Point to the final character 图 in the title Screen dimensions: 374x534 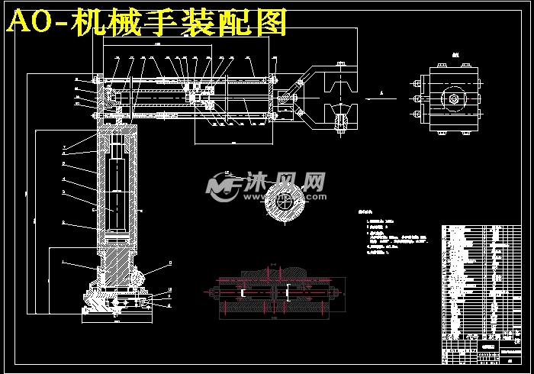pos(270,24)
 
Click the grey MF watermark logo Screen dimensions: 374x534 pos(223,185)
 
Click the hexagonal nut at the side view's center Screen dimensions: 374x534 pos(454,98)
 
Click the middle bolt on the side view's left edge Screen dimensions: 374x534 pos(417,98)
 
